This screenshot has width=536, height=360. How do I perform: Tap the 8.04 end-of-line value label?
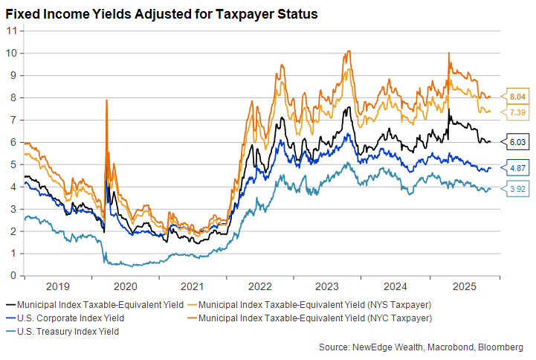[517, 97]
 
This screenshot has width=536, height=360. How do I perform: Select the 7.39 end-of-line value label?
[517, 112]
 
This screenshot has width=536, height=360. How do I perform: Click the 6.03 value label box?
[517, 141]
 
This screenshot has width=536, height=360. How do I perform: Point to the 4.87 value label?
[517, 167]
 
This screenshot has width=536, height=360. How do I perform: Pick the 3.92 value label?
[517, 189]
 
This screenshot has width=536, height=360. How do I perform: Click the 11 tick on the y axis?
[12, 30]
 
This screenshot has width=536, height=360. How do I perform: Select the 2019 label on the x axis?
[56, 286]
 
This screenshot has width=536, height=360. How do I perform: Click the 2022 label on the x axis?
[260, 286]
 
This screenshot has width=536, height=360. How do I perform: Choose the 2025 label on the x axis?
[464, 286]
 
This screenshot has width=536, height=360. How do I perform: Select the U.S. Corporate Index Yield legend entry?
[65, 318]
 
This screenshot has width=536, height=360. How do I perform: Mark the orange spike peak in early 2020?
[106, 100]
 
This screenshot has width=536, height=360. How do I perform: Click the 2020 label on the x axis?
[124, 286]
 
